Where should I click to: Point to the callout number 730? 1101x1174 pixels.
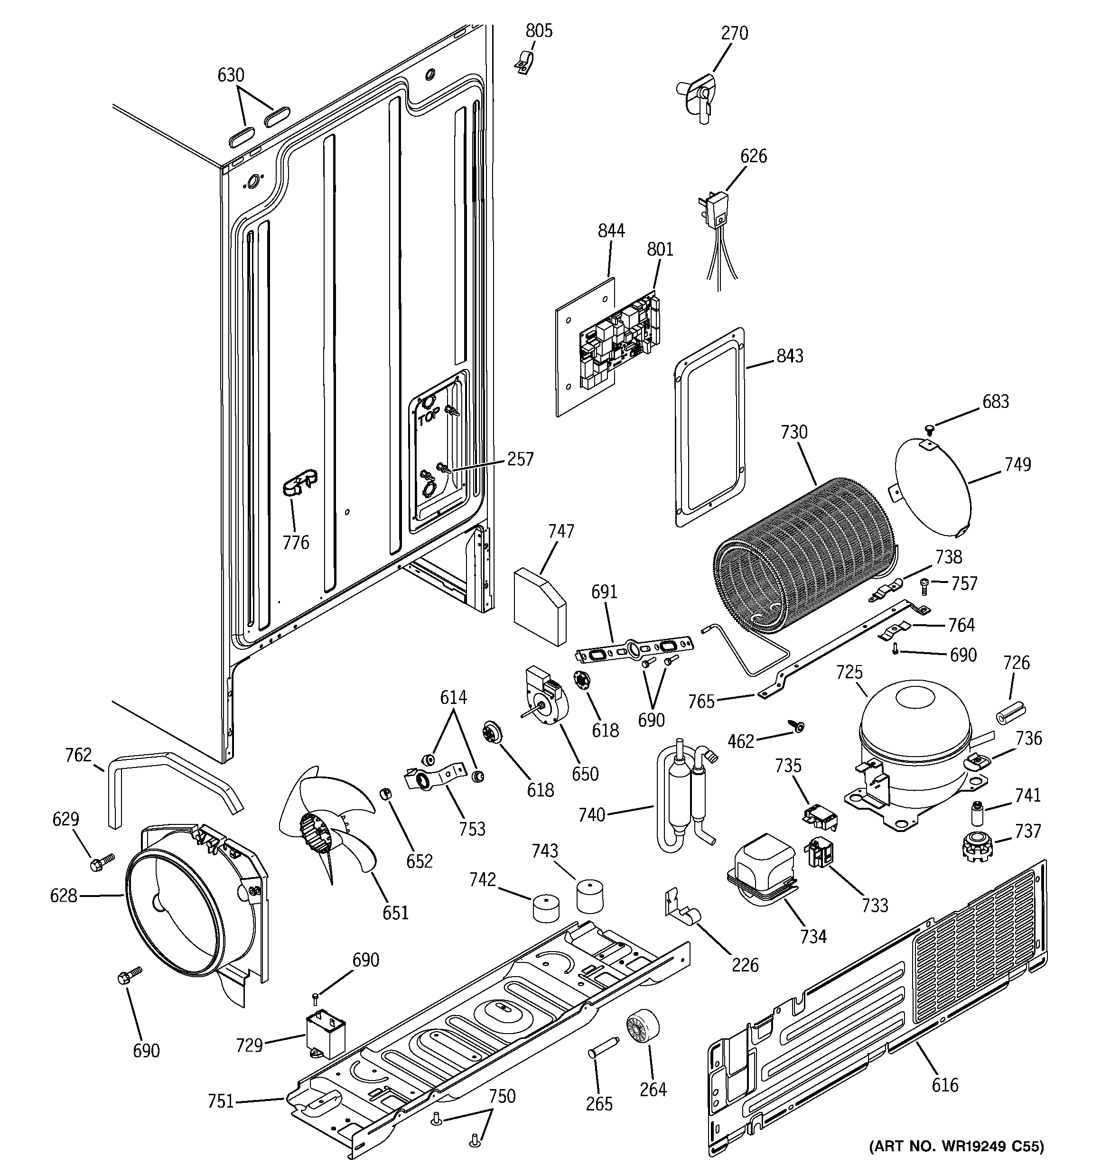tap(793, 432)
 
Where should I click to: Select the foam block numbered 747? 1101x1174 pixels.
tap(539, 605)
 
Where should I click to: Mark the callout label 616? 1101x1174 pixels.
tap(944, 1084)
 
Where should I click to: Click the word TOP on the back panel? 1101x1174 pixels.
tap(429, 417)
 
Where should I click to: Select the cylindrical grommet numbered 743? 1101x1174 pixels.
tap(590, 897)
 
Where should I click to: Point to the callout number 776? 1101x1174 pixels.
tap(296, 542)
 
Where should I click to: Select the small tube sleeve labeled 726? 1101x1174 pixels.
tap(1010, 713)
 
